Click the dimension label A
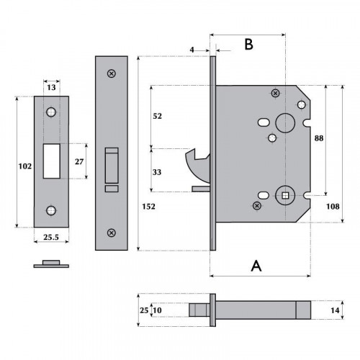255,266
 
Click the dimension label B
248,45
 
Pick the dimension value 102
24,166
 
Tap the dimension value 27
80,161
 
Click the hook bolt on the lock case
196,162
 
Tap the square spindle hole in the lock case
284,194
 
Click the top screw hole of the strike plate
51,113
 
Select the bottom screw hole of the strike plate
51,210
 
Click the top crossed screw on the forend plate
111,73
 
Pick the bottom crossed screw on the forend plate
111,233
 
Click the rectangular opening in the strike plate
51,161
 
